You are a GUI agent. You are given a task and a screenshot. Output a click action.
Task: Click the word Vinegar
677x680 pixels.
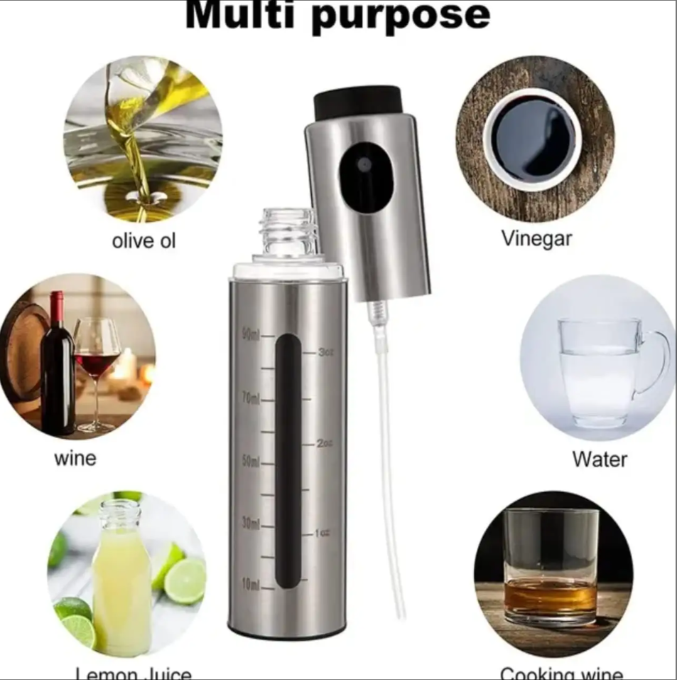click(x=536, y=238)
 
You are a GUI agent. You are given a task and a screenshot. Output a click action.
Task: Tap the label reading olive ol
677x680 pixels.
click(x=143, y=241)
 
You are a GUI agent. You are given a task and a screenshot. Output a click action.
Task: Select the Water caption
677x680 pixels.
click(x=600, y=459)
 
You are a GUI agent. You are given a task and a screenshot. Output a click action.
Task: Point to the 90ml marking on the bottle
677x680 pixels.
click(x=251, y=335)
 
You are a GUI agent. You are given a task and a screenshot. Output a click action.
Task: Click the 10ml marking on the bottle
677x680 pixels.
click(x=251, y=585)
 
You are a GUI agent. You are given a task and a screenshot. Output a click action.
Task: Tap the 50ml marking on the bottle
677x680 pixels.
click(x=251, y=461)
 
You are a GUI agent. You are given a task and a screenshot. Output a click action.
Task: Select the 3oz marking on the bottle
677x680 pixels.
click(x=326, y=352)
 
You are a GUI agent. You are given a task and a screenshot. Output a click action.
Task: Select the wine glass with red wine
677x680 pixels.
click(x=97, y=363)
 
